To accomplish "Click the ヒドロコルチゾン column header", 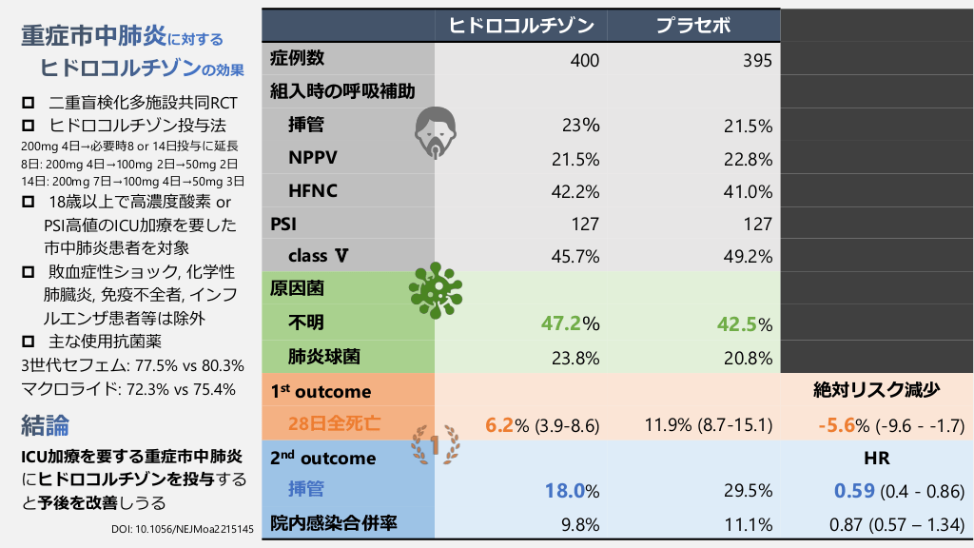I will (520, 25).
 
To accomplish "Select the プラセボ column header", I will (693, 25).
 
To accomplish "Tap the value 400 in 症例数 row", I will (584, 60).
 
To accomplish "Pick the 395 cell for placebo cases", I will (757, 60).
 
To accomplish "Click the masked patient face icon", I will (436, 132).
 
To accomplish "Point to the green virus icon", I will (435, 289).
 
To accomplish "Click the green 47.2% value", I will (561, 323).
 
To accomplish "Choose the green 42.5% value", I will (736, 323).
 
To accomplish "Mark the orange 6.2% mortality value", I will (500, 424).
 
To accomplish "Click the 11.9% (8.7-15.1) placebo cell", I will (709, 424).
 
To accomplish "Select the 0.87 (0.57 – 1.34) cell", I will (876, 522).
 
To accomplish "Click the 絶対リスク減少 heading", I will (876, 389).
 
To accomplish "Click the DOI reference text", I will (176, 529).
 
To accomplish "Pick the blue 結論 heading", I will (45, 424).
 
